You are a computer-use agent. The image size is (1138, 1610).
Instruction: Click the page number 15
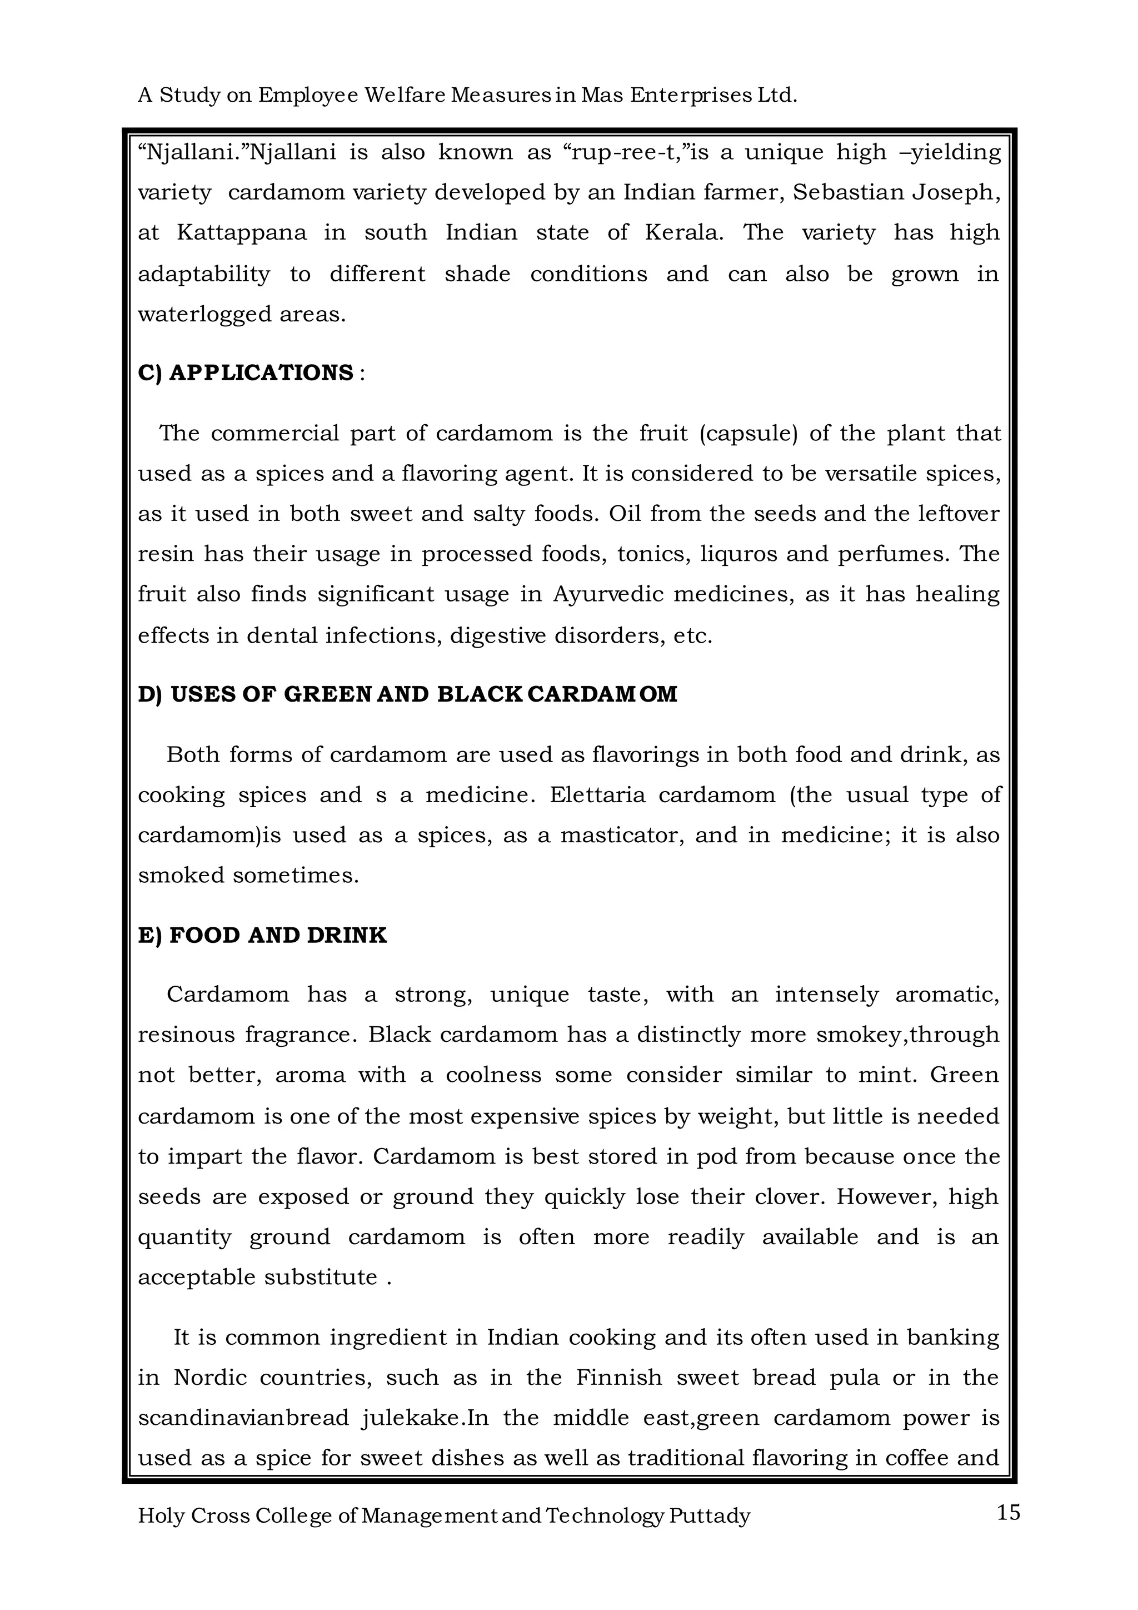click(1007, 1513)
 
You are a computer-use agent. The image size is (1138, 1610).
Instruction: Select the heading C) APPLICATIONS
click(246, 372)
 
